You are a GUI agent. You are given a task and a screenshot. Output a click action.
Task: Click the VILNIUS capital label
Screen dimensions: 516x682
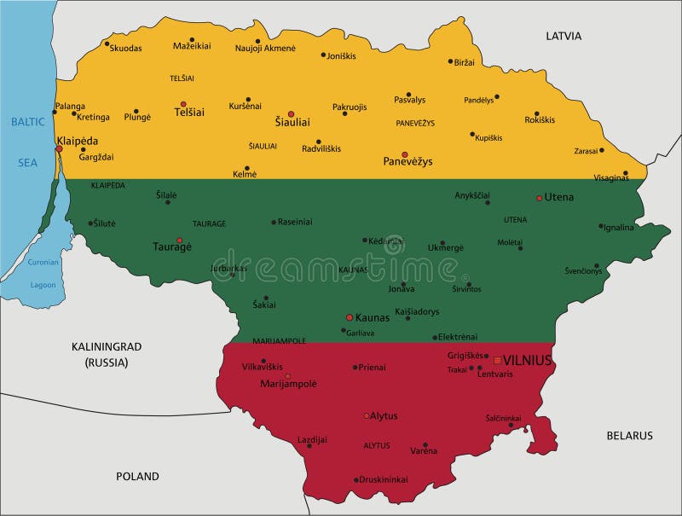[528, 360]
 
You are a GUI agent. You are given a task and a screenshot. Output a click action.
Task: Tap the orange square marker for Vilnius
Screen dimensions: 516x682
[498, 360]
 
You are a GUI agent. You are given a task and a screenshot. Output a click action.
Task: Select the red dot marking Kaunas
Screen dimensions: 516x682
[350, 317]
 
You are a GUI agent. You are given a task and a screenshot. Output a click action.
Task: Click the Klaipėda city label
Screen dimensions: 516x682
[77, 140]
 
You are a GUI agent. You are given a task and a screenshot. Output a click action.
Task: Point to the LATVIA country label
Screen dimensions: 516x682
[564, 36]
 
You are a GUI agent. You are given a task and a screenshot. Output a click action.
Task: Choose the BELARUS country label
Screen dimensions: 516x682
[629, 435]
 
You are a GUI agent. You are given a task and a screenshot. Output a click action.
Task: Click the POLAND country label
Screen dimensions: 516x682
[137, 476]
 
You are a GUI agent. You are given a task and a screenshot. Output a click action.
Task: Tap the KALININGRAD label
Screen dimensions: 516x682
[106, 346]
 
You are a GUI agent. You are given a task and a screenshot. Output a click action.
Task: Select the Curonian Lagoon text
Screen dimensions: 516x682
[43, 273]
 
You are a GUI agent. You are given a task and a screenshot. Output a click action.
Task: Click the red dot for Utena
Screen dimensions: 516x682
[539, 198]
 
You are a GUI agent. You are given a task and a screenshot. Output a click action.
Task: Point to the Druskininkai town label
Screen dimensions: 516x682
[384, 478]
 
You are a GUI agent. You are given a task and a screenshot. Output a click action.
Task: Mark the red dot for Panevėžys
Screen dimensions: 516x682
[405, 154]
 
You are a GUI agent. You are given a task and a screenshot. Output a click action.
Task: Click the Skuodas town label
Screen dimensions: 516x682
[125, 48]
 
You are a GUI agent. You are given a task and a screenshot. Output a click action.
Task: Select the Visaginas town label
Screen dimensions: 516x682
[610, 178]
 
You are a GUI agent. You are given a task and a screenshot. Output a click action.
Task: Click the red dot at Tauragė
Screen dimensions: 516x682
[179, 241]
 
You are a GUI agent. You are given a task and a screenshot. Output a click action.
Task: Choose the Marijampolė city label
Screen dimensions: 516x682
[287, 384]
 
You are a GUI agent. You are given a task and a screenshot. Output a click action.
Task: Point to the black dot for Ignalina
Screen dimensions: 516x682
[601, 226]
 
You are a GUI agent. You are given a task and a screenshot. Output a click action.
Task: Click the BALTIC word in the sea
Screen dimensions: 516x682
[27, 122]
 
